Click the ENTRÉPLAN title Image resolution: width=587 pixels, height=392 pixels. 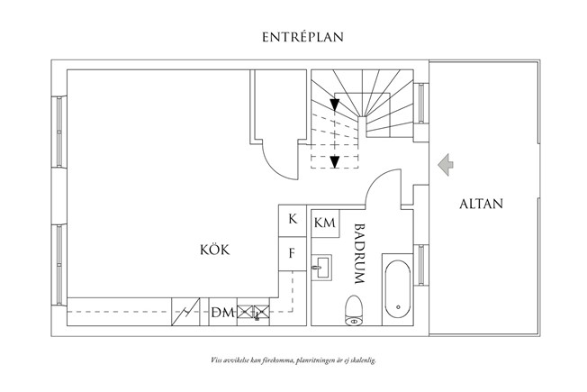pyautogui.click(x=303, y=37)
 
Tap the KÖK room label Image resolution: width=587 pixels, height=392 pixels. pyautogui.click(x=215, y=250)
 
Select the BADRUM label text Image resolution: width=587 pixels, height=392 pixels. pyautogui.click(x=359, y=254)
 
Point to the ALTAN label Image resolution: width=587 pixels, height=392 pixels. pyautogui.click(x=481, y=204)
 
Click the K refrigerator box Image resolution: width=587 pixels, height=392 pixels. pyautogui.click(x=293, y=221)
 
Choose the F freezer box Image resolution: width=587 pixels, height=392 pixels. pyautogui.click(x=293, y=254)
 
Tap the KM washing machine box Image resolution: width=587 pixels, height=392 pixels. pyautogui.click(x=325, y=223)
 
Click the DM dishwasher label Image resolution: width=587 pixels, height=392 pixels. pyautogui.click(x=222, y=312)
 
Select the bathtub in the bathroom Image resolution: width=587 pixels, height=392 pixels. pyautogui.click(x=398, y=289)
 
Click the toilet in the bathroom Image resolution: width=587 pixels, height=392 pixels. pyautogui.click(x=354, y=310)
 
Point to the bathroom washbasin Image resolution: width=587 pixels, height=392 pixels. pyautogui.click(x=321, y=268)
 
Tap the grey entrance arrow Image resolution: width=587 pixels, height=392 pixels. pyautogui.click(x=446, y=165)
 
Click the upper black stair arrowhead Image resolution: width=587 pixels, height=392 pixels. pyautogui.click(x=335, y=105)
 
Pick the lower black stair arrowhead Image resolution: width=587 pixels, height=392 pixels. pyautogui.click(x=335, y=162)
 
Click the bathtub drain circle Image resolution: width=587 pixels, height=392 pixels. pyautogui.click(x=398, y=307)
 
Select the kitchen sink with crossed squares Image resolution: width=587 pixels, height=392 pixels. pyautogui.click(x=254, y=312)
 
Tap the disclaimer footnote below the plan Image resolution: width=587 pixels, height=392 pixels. pyautogui.click(x=293, y=360)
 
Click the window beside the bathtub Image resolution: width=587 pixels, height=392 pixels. pyautogui.click(x=421, y=265)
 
